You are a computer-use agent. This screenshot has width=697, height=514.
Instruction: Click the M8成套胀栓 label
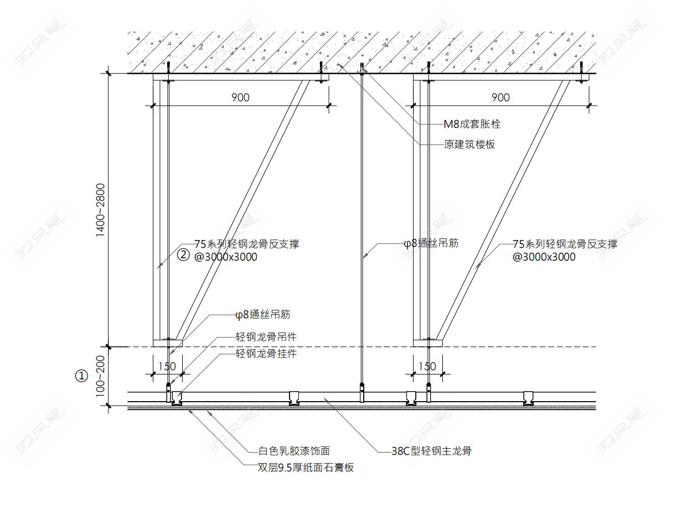(x=472, y=124)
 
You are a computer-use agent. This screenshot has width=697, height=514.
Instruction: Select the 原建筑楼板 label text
(x=469, y=144)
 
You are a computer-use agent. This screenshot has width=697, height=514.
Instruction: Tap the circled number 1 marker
(x=81, y=376)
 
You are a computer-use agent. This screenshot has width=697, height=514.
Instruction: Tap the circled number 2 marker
(x=183, y=255)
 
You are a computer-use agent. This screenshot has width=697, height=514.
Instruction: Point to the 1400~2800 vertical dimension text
(x=100, y=210)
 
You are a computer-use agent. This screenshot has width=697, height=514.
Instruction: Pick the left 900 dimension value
(x=240, y=97)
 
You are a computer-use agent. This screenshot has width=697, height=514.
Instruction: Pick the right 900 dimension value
(x=500, y=97)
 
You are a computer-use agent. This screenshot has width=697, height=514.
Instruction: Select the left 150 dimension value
(x=167, y=366)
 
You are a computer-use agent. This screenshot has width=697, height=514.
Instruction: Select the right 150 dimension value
(x=427, y=366)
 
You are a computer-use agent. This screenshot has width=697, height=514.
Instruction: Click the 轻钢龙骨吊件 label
(x=266, y=336)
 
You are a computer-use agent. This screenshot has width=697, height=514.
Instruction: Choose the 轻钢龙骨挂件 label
(x=266, y=354)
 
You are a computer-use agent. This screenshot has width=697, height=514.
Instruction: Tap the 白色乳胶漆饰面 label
(x=295, y=451)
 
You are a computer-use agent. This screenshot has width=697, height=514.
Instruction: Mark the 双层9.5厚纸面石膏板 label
(x=306, y=468)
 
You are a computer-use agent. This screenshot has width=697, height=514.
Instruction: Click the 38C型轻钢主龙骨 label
(x=431, y=451)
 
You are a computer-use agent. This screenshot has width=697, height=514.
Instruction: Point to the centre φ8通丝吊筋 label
(x=431, y=243)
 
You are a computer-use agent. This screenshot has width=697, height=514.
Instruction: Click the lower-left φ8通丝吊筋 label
(x=263, y=315)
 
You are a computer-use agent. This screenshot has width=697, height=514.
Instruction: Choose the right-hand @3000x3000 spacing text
(x=544, y=257)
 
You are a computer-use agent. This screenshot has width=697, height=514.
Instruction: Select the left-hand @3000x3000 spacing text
(x=226, y=257)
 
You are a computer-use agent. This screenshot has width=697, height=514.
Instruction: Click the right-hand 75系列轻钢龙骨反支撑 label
(x=565, y=244)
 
